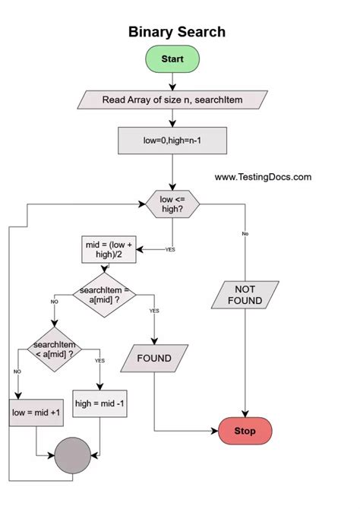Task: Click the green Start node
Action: point(172,58)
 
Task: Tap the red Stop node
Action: point(245,432)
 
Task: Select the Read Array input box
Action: point(172,99)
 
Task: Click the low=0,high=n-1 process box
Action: point(172,140)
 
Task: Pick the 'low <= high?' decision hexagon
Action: point(173,204)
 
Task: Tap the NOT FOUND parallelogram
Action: point(245,295)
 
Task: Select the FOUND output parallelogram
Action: point(154,358)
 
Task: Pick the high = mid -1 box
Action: point(100,403)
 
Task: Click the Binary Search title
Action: point(176,32)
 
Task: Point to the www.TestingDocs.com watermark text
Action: point(263,177)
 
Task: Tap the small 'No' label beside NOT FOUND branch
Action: point(245,233)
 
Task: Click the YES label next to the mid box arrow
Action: point(170,249)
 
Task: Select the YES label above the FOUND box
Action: point(154,311)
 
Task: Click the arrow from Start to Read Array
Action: point(172,81)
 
